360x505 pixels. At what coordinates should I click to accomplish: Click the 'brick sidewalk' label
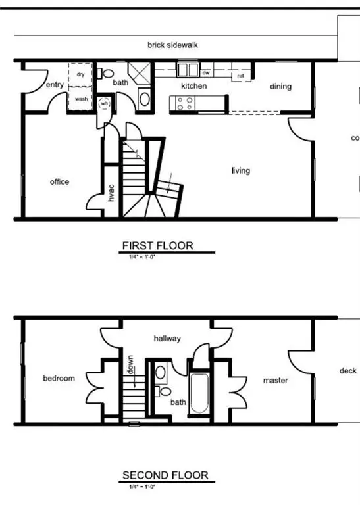point(172,45)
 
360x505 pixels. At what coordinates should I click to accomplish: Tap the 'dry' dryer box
point(80,75)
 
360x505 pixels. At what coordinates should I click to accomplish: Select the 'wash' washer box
point(81,99)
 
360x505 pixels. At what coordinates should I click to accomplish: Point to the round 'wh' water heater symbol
point(104,103)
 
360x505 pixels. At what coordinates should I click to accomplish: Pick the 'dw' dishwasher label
point(206,72)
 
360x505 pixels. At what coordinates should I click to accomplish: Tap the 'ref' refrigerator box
point(240,76)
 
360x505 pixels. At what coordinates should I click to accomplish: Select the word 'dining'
point(280,86)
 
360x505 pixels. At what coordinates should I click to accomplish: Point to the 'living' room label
point(240,171)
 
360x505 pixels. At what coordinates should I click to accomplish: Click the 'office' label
point(59,182)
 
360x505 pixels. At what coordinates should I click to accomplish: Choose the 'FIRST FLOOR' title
point(158,246)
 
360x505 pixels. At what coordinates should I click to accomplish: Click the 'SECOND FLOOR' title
point(165,475)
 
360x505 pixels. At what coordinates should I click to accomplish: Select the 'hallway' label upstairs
point(167,339)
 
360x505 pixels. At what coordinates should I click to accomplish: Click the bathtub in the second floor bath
point(199,395)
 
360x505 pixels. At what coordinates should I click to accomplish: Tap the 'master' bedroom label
point(275,380)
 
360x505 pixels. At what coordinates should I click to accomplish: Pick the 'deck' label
point(347,371)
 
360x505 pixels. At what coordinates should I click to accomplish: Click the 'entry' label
point(55,85)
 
